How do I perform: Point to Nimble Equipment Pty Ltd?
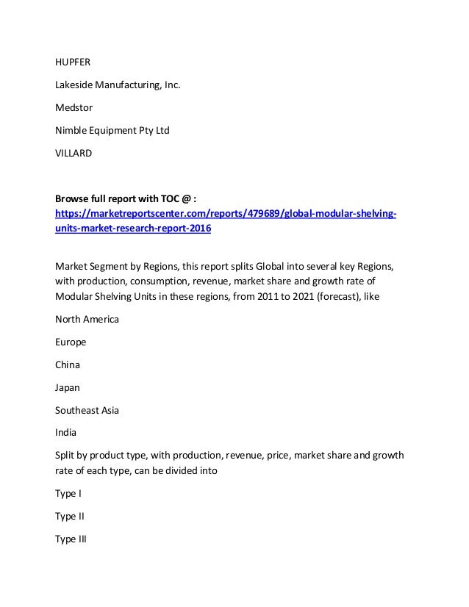pos(112,131)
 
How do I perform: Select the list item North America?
pos(87,320)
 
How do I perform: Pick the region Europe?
pos(71,342)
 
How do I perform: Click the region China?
pos(68,364)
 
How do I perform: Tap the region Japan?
pos(69,387)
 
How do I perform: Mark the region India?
pos(67,433)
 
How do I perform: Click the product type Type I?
pos(68,493)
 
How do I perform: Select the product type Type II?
pos(71,516)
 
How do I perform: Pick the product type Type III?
pos(72,539)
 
